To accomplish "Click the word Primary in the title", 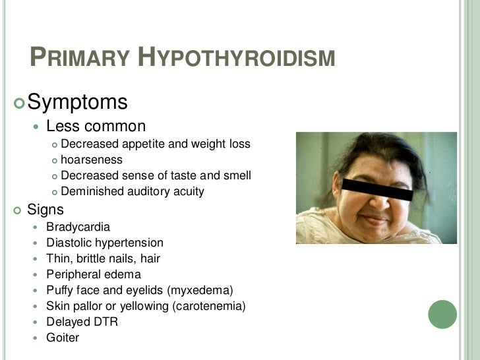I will click(78, 58).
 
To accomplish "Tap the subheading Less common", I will click(96, 125).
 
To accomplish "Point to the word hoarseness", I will click(91, 160).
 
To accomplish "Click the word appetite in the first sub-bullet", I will click(144, 144).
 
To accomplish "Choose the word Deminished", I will click(90, 192).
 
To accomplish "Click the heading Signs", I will click(45, 210).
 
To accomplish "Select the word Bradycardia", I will click(78, 227).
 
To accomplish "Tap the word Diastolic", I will click(69, 243).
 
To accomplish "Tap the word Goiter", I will click(63, 338).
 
